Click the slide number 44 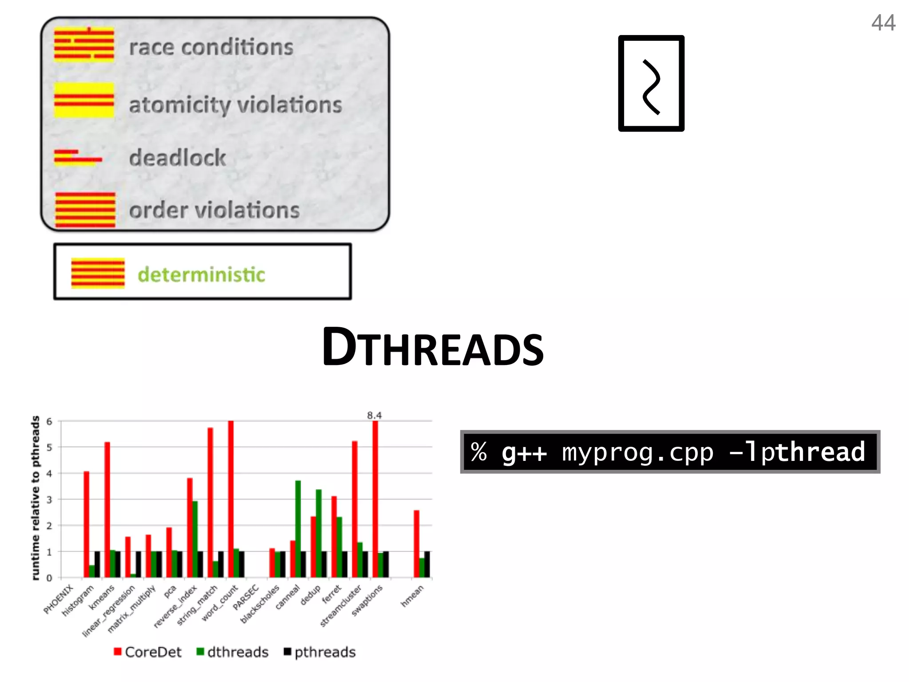click(x=883, y=23)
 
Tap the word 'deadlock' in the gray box click(x=178, y=158)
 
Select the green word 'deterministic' click(x=201, y=274)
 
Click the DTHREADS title click(x=433, y=348)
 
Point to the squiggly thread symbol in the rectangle click(x=651, y=87)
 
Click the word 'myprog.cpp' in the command click(x=638, y=452)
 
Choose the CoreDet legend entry click(x=148, y=652)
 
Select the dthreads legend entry click(x=233, y=652)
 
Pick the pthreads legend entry click(x=320, y=652)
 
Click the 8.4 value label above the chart click(x=374, y=415)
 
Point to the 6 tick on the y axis click(x=49, y=421)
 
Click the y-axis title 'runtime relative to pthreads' click(x=36, y=498)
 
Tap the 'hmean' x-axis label click(x=412, y=596)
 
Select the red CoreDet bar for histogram click(x=87, y=524)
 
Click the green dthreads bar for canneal click(x=298, y=528)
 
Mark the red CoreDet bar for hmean click(x=416, y=543)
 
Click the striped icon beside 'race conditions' click(x=84, y=44)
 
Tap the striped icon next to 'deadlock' click(x=78, y=158)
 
